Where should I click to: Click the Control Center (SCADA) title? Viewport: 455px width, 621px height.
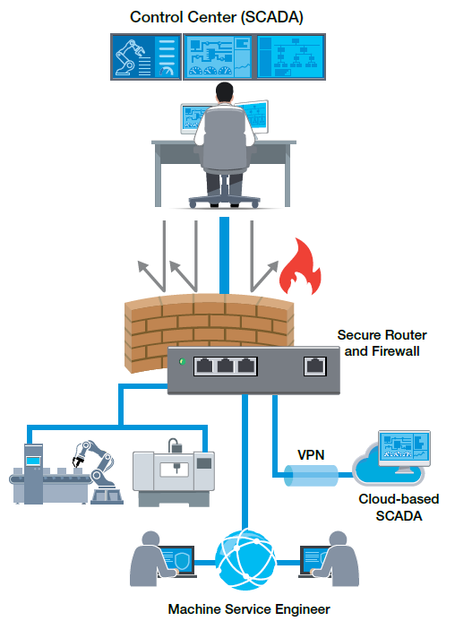click(216, 17)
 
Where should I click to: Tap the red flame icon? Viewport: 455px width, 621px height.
click(300, 268)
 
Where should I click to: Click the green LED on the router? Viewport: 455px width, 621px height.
click(182, 362)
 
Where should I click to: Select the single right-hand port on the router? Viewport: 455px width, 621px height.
click(314, 366)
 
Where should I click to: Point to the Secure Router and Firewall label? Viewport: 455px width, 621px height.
click(382, 343)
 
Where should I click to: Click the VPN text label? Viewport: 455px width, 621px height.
click(311, 455)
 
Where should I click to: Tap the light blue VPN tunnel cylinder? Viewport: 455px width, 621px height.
click(311, 475)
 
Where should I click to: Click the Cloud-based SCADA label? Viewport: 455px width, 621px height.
click(399, 507)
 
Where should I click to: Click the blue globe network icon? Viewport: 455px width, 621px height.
click(245, 560)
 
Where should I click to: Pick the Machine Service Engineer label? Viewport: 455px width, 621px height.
click(249, 609)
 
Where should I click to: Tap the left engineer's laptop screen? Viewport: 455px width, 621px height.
click(177, 559)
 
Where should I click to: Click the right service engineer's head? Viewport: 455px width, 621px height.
click(338, 539)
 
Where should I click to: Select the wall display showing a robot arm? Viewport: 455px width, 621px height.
click(146, 57)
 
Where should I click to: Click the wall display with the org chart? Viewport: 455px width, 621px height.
click(290, 57)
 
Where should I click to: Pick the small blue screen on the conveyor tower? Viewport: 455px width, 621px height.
click(33, 461)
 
